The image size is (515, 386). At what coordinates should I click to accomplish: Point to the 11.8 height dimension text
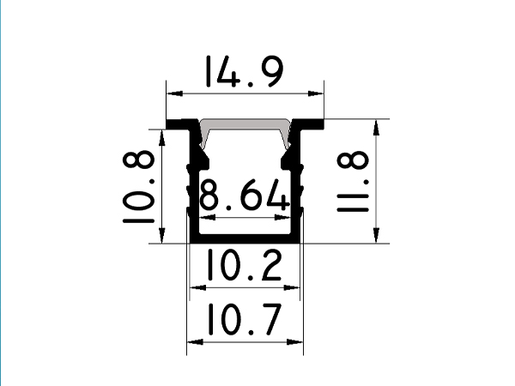351,182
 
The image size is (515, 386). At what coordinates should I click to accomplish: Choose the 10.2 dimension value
244,268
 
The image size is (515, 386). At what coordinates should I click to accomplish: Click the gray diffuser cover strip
245,129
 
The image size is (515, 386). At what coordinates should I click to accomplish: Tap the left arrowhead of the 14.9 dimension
172,92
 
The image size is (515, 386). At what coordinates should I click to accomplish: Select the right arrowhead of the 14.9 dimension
318,92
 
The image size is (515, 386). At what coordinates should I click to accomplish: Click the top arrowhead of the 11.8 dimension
376,125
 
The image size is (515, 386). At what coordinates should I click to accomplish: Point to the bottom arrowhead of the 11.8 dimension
376,237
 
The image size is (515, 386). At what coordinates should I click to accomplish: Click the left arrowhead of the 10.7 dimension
192,342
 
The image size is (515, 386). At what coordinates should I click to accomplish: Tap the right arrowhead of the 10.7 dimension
298,342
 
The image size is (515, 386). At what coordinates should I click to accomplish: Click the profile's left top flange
179,124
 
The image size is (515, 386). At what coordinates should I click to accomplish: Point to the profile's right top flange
312,124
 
